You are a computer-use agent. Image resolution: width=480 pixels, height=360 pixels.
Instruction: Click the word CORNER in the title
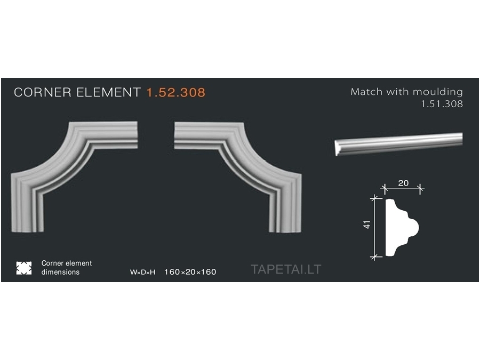[43, 92]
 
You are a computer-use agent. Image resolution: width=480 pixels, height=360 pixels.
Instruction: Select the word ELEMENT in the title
[108, 92]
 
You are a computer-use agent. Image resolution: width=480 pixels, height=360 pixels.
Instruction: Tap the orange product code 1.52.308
[176, 92]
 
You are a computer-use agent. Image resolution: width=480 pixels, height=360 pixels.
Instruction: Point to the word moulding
[438, 92]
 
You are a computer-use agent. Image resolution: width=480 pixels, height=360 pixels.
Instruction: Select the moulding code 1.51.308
[442, 104]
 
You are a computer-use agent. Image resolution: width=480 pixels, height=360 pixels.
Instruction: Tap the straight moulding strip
[398, 143]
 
